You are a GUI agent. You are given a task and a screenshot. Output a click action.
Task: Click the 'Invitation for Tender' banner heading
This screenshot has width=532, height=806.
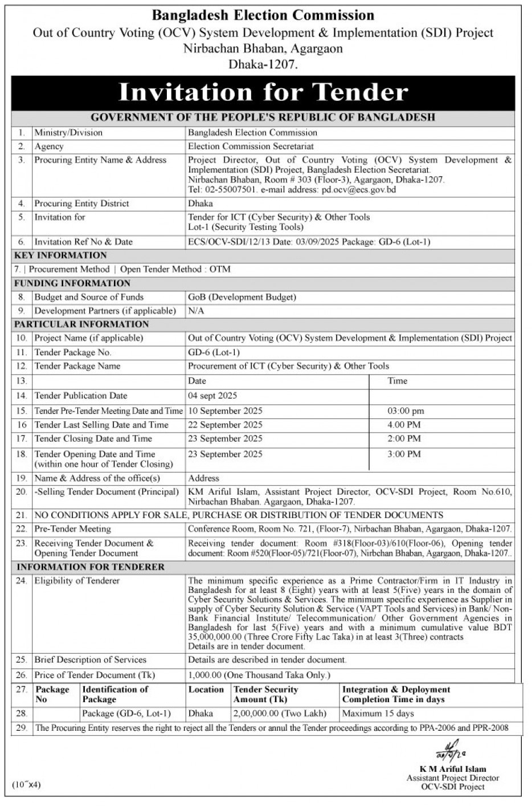(x=263, y=92)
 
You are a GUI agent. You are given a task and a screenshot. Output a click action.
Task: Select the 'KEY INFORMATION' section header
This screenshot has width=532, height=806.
(x=60, y=255)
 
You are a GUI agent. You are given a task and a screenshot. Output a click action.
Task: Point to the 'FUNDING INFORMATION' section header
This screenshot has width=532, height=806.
(x=72, y=283)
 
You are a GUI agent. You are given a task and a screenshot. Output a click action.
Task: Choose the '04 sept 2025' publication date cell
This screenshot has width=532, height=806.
(x=212, y=396)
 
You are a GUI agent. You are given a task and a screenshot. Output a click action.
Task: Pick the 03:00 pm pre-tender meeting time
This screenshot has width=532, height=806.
(x=406, y=411)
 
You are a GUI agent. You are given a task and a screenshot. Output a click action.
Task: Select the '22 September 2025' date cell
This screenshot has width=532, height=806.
(x=225, y=425)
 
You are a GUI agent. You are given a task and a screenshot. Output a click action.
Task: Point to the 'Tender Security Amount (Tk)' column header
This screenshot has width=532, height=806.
(x=265, y=694)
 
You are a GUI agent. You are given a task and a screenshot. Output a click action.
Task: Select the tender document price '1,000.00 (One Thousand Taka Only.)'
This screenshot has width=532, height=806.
(x=259, y=675)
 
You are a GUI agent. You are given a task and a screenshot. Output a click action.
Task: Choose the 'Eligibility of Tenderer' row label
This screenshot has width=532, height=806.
(x=77, y=581)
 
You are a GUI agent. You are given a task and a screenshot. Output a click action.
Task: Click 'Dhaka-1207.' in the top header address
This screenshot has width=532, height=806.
(x=263, y=64)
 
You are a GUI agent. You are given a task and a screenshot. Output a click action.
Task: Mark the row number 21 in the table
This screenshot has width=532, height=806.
(x=22, y=515)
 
